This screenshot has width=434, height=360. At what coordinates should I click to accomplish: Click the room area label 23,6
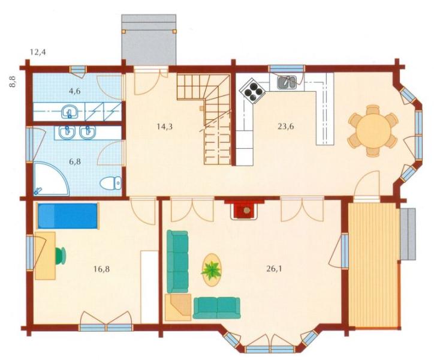click(x=286, y=127)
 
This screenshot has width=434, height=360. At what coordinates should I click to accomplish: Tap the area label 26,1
click(x=274, y=269)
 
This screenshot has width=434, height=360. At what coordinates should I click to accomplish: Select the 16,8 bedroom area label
click(x=101, y=269)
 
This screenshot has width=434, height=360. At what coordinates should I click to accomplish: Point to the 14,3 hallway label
click(x=165, y=127)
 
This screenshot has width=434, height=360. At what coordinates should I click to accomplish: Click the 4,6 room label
click(x=75, y=91)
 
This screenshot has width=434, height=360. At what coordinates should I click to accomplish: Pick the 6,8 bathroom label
click(x=75, y=161)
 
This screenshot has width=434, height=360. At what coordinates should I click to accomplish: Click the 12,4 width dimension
click(x=38, y=52)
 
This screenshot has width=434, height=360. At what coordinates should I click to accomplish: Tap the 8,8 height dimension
click(x=13, y=82)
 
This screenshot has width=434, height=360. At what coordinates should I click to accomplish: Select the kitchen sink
click(x=287, y=82)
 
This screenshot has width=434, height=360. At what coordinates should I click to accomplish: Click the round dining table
click(x=373, y=131)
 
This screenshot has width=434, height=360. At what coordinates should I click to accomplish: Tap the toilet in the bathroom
click(x=111, y=183)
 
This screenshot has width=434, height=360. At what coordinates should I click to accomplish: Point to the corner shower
click(x=50, y=178)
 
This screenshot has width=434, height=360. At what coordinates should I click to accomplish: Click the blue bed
click(x=68, y=216)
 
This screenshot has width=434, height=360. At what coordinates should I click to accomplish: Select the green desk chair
click(x=61, y=256)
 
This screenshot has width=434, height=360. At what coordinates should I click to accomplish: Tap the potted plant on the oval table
click(x=211, y=270)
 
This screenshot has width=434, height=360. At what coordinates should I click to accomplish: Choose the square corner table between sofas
click(x=178, y=307)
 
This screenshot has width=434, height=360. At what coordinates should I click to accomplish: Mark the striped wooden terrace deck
click(x=373, y=265)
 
